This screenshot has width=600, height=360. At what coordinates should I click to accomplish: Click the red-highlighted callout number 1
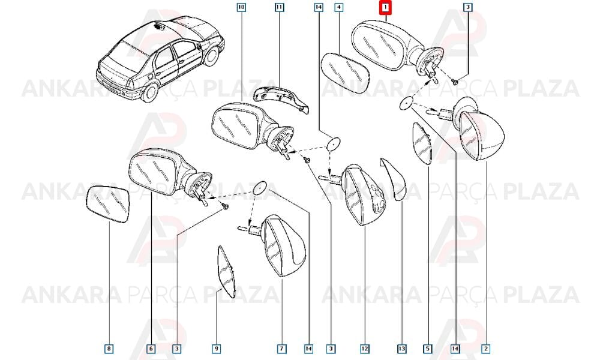[x=386, y=7]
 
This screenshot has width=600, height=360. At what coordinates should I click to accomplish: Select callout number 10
[x=241, y=7]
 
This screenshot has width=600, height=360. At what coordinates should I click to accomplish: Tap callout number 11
[x=280, y=7]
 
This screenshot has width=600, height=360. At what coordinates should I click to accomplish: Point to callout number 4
[x=338, y=7]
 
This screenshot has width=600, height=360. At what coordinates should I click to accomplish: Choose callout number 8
[x=109, y=349]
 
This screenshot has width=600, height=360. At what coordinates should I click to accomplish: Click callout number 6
[x=151, y=349]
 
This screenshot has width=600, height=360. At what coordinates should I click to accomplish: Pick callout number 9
[x=216, y=349]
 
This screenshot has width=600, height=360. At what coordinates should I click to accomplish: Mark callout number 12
[x=364, y=349]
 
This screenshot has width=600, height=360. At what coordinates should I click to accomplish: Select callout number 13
[x=401, y=349]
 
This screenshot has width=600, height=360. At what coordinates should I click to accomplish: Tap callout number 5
[x=427, y=349]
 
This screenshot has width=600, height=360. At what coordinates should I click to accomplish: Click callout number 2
[x=485, y=349]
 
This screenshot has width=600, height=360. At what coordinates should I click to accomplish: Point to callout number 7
[x=281, y=349]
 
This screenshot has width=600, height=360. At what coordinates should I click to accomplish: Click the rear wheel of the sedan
[x=149, y=92]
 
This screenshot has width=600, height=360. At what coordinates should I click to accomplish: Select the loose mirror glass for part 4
[x=346, y=73]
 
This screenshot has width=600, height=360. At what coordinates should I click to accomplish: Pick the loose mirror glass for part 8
[x=107, y=204]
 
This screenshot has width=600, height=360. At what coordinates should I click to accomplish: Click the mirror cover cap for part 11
[x=282, y=99]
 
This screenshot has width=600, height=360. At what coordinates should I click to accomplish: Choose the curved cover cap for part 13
[x=394, y=179]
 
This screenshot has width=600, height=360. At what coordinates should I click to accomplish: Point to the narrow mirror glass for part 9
[x=227, y=272]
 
